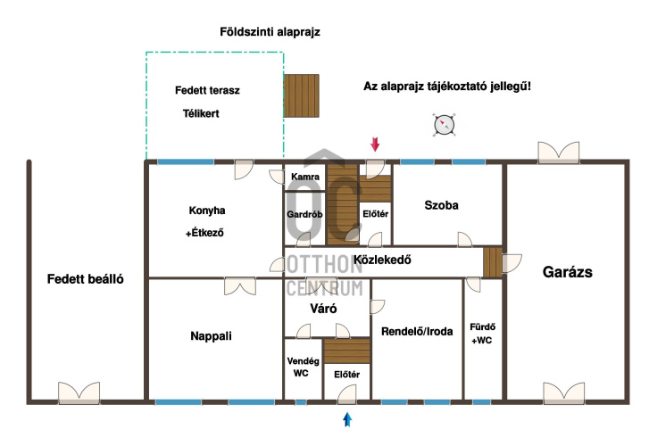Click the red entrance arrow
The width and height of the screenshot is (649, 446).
pos(375,145)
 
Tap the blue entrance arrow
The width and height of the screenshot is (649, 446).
pos(347,419)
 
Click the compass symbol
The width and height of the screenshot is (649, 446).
pos(444,125)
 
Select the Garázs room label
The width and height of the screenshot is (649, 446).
pos(567,272)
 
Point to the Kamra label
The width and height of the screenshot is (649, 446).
pos(305,177)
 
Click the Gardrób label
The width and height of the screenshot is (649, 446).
pos(304,214)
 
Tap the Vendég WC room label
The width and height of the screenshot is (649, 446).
pos(303,367)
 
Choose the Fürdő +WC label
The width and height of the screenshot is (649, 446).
pos(483,334)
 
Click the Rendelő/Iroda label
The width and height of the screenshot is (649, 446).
pos(417,332)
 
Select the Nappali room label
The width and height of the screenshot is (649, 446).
pos(211,336)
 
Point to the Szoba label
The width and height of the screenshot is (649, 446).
pos(441,205)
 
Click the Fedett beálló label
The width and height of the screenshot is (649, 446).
pos(86,279)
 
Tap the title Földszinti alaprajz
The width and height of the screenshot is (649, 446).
pos(270,32)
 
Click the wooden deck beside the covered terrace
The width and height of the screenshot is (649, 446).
pos(302,95)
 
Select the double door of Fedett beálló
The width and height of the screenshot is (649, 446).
pos(79,392)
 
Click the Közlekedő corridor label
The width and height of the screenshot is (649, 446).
pos(382,260)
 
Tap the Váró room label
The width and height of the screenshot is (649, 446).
pos(323,309)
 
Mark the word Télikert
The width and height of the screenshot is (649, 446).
pos(201,113)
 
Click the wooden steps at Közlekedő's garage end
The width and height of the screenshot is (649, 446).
pos(493,262)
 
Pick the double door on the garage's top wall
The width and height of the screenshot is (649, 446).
pos(558,152)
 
